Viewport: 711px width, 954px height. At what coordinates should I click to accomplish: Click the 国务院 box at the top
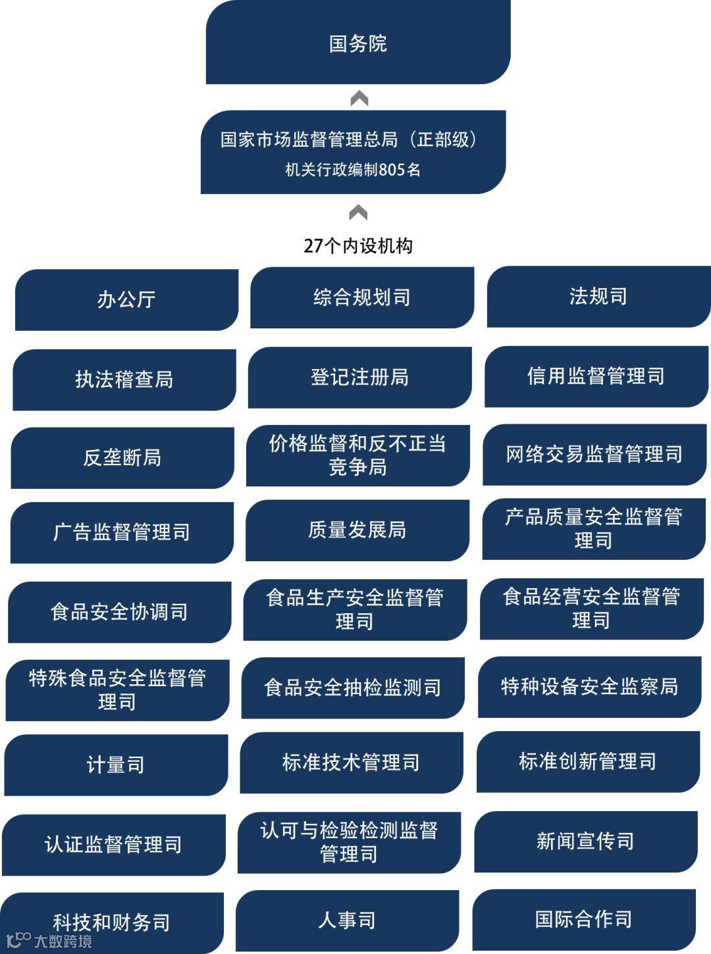[x=358, y=43]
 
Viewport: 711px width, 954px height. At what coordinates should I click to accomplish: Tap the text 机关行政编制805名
[x=353, y=170]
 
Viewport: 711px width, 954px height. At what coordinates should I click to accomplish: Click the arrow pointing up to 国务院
[x=359, y=99]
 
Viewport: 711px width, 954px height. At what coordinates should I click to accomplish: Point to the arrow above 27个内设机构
[x=358, y=213]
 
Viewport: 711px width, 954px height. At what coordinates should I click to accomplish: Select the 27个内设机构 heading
[x=358, y=246]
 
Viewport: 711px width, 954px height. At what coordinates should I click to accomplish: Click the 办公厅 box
[x=126, y=299]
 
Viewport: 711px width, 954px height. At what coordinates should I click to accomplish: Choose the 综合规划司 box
[x=362, y=297]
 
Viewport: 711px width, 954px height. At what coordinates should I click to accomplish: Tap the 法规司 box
[x=598, y=296]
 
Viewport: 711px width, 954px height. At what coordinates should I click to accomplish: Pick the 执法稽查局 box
[x=124, y=380]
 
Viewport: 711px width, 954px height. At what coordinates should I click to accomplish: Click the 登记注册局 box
[x=360, y=377]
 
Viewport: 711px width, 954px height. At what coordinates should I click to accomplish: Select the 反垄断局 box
[x=122, y=457]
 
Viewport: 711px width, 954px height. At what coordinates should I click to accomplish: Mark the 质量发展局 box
[x=357, y=530]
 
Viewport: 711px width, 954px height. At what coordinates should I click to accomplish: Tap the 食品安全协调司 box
[x=119, y=612]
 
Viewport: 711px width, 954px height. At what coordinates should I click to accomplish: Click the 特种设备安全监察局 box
[x=589, y=686]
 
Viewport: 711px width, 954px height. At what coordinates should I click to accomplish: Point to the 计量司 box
[x=116, y=765]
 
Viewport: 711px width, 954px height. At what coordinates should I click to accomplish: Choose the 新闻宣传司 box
[x=585, y=841]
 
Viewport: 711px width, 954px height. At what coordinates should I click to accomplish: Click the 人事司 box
[x=347, y=920]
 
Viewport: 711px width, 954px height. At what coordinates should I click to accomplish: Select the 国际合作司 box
[x=584, y=919]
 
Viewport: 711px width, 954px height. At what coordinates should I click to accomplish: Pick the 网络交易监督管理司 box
[x=594, y=454]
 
